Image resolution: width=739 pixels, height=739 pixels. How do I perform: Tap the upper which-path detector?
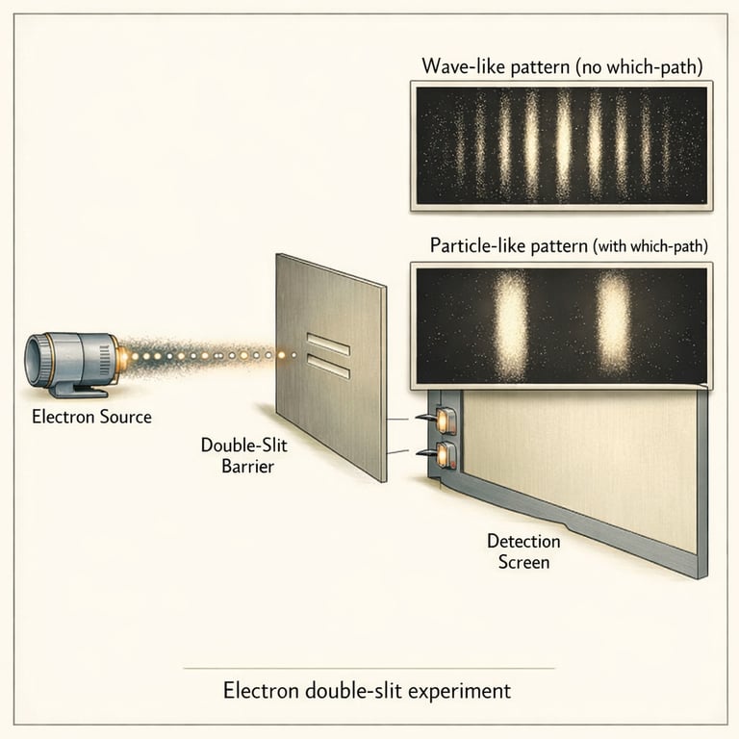point(446,420)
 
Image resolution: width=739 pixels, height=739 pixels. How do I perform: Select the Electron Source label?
point(91,417)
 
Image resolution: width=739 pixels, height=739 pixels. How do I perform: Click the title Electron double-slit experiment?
point(368,690)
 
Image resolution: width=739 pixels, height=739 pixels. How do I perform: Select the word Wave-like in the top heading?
point(460,66)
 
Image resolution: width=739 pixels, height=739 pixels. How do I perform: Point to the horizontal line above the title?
point(369,668)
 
